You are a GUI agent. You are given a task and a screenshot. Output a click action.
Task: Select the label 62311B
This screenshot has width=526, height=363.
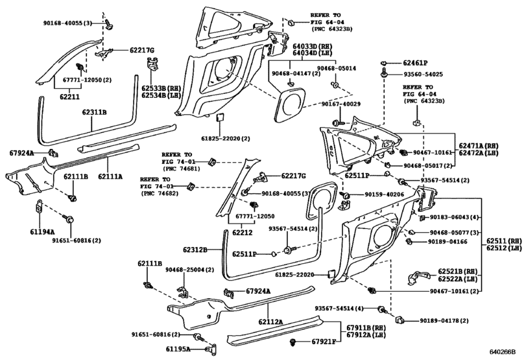pos(94,112)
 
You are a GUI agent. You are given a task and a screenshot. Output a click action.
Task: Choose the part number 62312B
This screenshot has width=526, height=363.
pos(195,250)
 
